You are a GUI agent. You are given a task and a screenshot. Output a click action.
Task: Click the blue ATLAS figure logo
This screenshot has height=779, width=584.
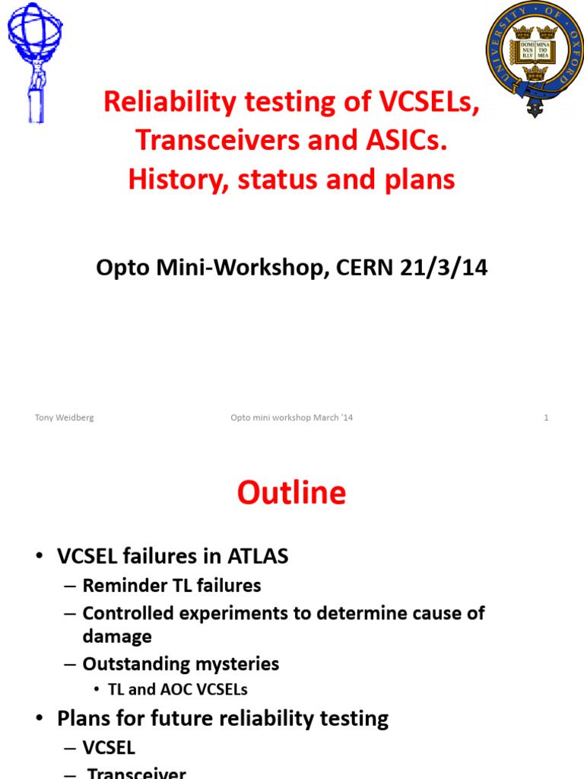point(34,61)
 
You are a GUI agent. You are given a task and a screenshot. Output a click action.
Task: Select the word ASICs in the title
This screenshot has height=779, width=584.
point(408,140)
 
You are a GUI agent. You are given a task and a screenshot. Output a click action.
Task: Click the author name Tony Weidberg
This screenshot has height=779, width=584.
point(65,418)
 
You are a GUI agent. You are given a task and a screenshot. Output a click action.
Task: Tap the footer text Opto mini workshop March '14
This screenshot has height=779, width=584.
point(292,418)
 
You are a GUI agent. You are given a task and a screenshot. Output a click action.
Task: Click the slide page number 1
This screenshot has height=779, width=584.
point(546,418)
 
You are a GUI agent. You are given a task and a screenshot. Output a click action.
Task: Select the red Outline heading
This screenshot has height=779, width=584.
point(291,493)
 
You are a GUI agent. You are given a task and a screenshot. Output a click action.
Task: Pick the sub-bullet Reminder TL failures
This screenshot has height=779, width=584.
point(171,586)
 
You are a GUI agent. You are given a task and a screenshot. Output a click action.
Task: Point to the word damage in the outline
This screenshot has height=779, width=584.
point(117,636)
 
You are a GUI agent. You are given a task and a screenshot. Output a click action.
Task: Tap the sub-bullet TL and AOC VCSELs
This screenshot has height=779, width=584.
point(178,690)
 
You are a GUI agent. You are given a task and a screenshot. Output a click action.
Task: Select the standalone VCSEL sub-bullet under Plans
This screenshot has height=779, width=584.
point(109,748)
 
